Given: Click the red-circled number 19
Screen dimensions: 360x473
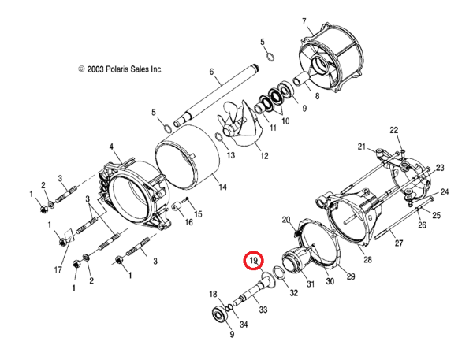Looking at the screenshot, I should tap(254, 261).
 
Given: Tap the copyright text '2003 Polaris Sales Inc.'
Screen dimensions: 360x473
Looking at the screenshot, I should tap(121, 70).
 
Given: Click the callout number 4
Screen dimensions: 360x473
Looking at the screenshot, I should tap(111, 147).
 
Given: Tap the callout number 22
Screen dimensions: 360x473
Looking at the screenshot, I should tap(394, 130).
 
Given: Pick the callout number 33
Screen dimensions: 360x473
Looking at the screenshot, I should tap(263, 311).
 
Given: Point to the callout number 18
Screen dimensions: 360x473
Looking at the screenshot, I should tap(212, 295).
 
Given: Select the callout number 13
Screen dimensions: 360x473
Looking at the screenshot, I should tap(231, 157).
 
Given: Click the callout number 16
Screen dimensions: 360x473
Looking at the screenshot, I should tap(188, 223).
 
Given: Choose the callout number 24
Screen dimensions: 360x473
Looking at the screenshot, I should tap(445, 191).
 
